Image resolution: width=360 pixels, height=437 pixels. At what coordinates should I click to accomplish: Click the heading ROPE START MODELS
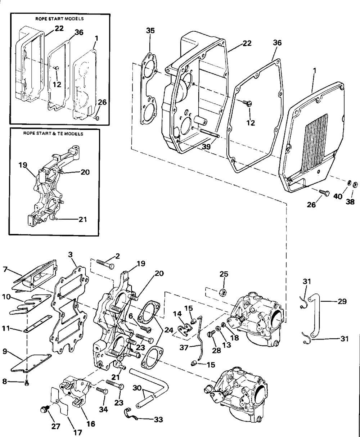(x=59, y=19)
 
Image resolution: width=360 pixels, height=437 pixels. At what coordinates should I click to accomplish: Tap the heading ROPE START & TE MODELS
(x=53, y=134)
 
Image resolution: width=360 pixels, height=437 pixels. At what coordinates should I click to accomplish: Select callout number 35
(x=150, y=31)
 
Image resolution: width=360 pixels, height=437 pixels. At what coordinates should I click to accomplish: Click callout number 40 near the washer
(x=338, y=196)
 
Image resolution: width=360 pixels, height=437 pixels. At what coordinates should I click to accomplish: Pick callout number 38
(x=350, y=202)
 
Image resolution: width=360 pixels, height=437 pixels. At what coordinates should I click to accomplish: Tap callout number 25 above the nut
(x=224, y=274)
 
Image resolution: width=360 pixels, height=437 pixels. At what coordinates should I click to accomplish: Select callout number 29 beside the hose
(x=342, y=301)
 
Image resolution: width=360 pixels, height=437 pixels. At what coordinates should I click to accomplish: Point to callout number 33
(x=158, y=419)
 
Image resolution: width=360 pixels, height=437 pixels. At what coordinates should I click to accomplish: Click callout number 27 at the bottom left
(x=56, y=426)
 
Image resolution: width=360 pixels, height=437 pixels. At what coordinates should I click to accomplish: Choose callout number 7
(x=5, y=269)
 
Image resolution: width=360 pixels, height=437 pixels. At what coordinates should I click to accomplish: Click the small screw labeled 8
(x=27, y=383)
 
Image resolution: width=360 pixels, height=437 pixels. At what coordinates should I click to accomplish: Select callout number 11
(x=6, y=328)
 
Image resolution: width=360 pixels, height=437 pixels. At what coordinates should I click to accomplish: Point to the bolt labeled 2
(x=105, y=264)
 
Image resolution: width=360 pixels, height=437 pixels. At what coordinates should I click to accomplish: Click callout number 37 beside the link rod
(x=184, y=347)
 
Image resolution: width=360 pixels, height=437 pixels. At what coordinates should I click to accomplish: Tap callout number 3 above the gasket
(x=70, y=255)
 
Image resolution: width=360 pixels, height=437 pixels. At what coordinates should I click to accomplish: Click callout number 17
(x=78, y=432)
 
